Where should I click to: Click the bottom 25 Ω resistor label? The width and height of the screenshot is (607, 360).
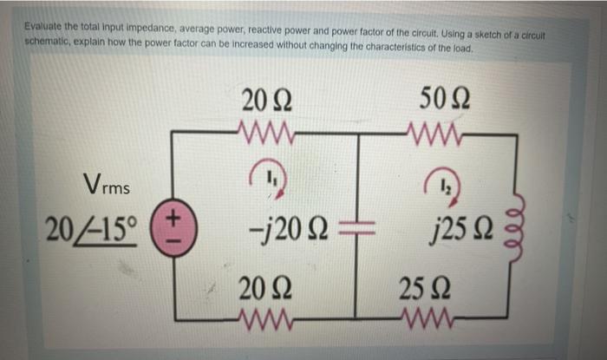pyautogui.click(x=423, y=291)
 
